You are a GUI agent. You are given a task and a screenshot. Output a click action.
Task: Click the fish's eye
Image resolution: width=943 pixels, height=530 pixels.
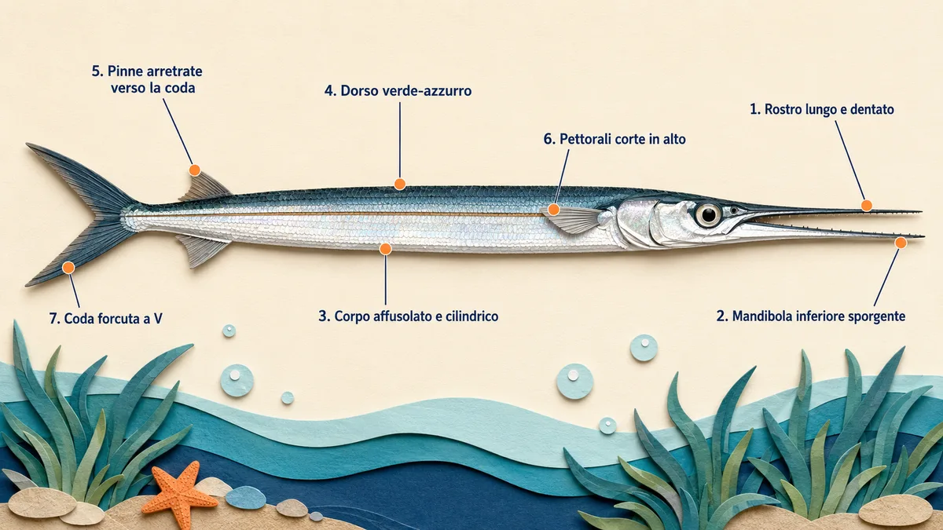pos(708,214)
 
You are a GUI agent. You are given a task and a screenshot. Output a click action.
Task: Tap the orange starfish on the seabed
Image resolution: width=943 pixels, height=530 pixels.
pos(178,495)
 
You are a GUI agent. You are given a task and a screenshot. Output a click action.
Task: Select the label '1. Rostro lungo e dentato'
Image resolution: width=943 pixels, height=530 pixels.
pos(822,109)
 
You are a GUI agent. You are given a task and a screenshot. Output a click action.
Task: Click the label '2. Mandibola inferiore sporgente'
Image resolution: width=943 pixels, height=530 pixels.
pos(811,316)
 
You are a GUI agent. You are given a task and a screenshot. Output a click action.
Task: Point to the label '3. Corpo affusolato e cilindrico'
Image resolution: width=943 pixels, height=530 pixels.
pos(409,316)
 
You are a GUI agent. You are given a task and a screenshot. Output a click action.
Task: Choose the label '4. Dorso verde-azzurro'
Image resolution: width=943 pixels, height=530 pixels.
pos(398,91)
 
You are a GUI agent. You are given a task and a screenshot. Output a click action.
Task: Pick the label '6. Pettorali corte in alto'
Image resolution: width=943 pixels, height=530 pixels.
pos(615,139)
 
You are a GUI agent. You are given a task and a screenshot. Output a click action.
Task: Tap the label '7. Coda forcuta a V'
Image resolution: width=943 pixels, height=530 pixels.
pos(105,319)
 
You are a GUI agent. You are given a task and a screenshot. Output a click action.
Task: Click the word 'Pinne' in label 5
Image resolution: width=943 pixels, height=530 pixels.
pos(125,71)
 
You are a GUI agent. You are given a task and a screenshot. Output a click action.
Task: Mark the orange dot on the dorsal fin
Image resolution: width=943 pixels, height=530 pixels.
pos(195,170)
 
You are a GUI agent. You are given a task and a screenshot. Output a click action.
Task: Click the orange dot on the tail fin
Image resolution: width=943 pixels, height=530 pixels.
pos(68,268)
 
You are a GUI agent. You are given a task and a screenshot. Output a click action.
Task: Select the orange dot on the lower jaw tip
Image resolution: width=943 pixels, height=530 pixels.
pos(901,243)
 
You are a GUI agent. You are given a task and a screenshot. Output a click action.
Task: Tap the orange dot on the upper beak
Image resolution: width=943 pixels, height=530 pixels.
pos(866,206)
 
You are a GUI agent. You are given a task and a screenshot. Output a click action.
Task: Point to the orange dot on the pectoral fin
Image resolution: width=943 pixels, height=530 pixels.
pos(553,210)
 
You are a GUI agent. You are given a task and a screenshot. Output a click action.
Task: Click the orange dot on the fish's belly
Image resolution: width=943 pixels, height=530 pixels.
pos(385,249)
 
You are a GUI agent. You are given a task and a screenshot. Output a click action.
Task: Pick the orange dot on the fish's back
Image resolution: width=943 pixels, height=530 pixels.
pos(399,184)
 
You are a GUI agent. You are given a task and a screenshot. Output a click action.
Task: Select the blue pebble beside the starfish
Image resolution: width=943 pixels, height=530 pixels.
pos(245,498)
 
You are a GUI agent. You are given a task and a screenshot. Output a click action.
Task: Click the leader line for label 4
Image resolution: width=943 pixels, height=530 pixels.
pos(399,140)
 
